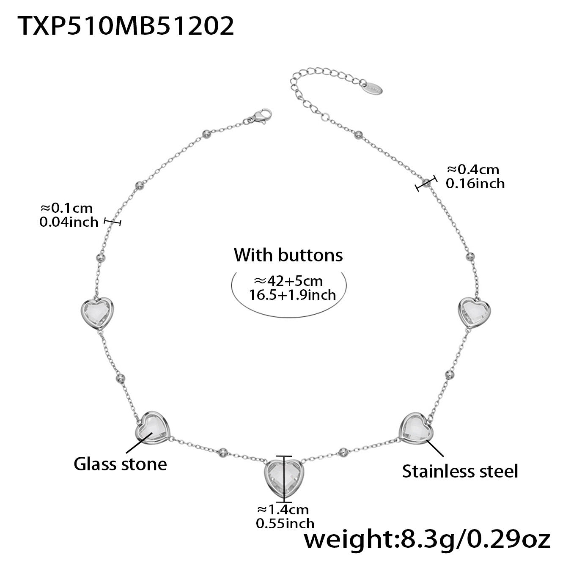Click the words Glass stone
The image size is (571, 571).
coord(120,464)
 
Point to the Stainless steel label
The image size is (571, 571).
coord(460,471)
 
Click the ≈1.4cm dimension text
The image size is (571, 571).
coord(283,509)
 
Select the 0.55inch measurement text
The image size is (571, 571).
coord(285,523)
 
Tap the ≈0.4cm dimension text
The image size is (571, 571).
coord(473,170)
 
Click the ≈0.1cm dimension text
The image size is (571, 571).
coord(66,208)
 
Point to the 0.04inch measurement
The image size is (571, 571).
coord(69,222)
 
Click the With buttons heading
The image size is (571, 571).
coord(288,255)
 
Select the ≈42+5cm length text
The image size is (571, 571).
coord(288,281)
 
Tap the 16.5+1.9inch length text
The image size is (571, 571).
coord(292,294)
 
